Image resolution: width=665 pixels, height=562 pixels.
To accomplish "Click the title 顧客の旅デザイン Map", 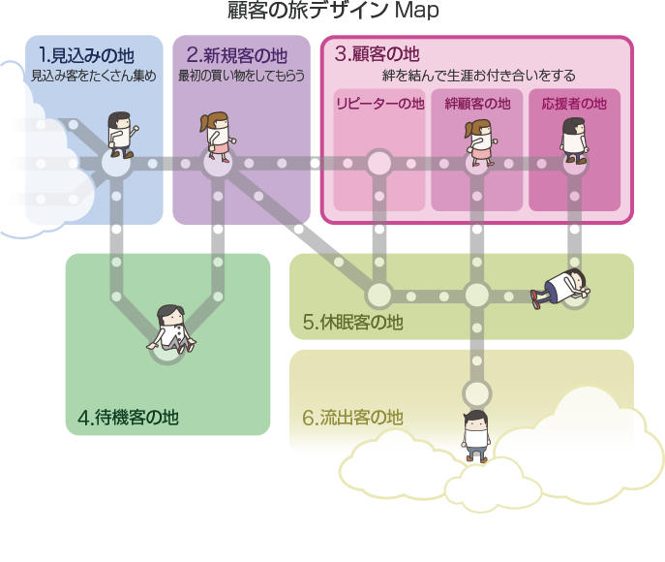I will [x=332, y=12].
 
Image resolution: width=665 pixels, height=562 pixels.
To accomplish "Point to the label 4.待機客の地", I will [x=128, y=418].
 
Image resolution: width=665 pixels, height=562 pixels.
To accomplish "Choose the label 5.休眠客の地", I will [x=352, y=322].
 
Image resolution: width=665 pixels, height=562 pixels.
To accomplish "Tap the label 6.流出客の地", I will [x=351, y=419].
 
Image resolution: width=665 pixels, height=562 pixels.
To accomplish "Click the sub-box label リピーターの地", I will [x=379, y=104].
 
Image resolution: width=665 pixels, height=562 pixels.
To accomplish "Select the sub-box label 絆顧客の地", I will [x=476, y=104].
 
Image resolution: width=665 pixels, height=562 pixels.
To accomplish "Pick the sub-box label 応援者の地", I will [x=574, y=104].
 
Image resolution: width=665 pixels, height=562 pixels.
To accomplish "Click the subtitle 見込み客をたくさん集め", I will [x=93, y=75].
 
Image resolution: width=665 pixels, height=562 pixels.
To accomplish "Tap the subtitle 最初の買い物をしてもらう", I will [x=241, y=75].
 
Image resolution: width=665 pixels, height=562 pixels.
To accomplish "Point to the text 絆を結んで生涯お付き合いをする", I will [x=478, y=75].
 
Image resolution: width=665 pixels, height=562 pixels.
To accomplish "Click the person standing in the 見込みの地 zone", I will [x=121, y=135].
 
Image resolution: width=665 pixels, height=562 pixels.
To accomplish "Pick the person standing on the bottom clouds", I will [x=474, y=434].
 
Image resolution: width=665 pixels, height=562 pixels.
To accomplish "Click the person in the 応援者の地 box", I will [x=574, y=140].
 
